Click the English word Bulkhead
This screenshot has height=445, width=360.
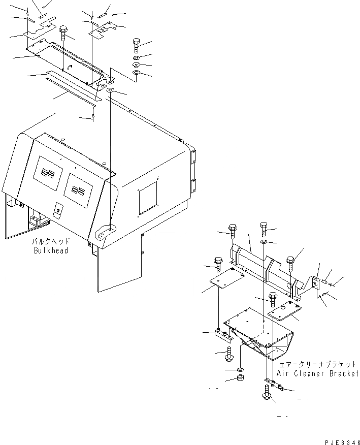click(51, 250)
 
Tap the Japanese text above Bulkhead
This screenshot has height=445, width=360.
click(51, 242)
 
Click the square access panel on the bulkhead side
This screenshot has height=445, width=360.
click(148, 197)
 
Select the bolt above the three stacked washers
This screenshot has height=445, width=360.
click(137, 47)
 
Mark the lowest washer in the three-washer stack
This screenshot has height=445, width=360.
click(136, 75)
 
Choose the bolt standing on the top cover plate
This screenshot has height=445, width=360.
click(63, 34)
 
